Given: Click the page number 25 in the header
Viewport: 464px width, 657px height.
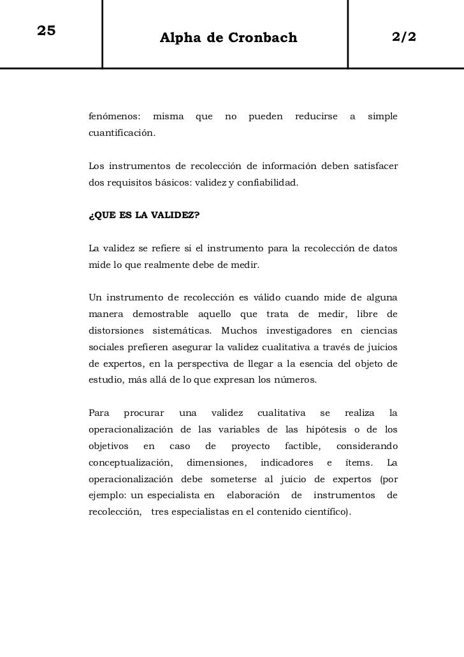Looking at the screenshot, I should (x=47, y=31).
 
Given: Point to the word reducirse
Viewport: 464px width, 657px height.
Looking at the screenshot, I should (x=316, y=117).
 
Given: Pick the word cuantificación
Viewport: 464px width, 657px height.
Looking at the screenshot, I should (x=120, y=134).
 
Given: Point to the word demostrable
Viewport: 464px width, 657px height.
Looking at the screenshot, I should (x=161, y=314).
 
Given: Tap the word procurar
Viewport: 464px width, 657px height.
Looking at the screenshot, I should (x=143, y=413).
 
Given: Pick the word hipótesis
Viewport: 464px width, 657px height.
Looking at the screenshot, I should (x=337, y=429).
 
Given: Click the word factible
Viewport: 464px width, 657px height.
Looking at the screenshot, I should (x=302, y=445).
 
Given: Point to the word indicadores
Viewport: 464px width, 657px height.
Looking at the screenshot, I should (x=287, y=462).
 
